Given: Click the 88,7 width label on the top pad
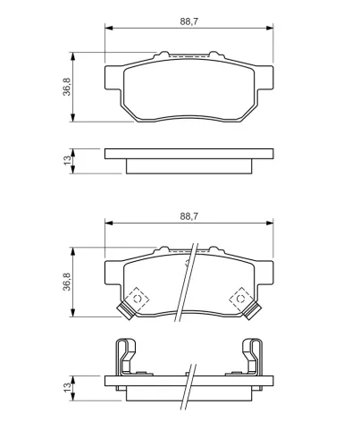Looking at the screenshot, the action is (188, 21).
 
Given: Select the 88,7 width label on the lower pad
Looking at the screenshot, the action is (188, 216).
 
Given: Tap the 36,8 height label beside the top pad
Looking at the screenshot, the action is (67, 87).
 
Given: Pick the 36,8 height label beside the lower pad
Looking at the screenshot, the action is (67, 282).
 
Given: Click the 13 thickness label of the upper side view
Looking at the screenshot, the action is (68, 160).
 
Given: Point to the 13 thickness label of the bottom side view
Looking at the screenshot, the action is (68, 387).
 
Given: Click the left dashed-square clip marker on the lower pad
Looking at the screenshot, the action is (137, 299).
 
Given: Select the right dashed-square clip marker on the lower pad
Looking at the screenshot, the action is (240, 299).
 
